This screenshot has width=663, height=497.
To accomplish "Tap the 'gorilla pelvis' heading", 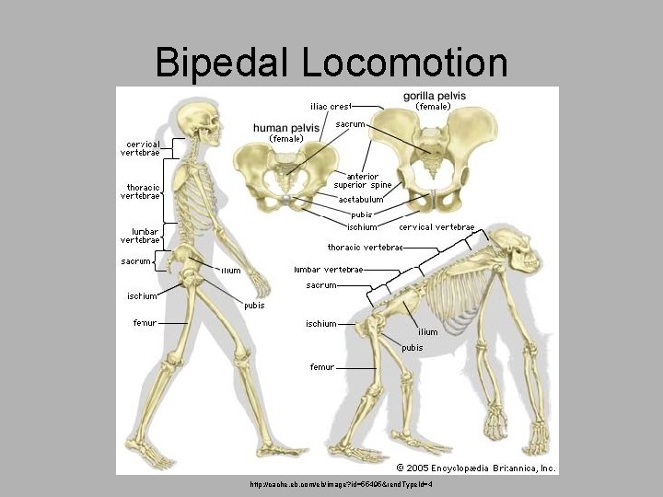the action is (435, 96).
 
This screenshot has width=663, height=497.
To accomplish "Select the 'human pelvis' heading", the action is (286, 127).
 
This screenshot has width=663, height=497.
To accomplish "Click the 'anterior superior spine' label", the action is (363, 180).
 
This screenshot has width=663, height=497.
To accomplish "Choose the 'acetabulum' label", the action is (361, 200).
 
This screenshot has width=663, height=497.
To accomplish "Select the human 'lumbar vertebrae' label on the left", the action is (140, 236).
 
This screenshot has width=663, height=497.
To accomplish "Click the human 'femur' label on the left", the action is (145, 322).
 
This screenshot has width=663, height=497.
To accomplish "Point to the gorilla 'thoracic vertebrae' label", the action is (366, 247).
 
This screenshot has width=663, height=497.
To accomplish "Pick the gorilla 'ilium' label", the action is (427, 332).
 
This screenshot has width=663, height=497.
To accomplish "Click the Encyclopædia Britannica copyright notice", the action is (476, 468).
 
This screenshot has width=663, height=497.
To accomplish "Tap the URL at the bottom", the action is (341, 484).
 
